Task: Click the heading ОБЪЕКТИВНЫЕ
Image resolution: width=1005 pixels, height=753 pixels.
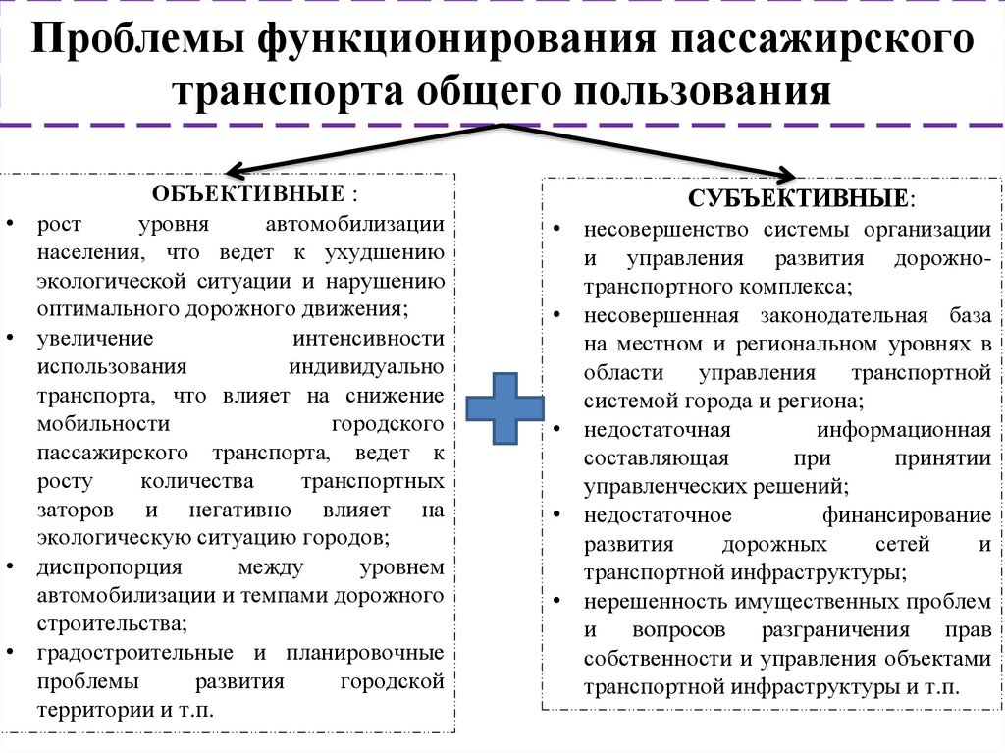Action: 248,193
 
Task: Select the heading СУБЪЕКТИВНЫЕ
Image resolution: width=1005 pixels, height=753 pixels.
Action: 798,198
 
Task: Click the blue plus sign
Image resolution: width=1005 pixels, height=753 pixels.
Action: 504,408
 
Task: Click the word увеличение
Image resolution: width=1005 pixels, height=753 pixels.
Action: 95,339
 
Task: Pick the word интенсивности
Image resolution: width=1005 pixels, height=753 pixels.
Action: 368,338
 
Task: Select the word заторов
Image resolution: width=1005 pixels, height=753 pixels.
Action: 75,511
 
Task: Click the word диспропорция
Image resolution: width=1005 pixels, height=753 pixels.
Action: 109,567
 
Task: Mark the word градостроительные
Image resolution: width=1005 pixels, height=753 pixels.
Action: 134,654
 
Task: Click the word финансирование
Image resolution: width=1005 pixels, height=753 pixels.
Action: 906,515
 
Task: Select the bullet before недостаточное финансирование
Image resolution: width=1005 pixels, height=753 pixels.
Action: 556,514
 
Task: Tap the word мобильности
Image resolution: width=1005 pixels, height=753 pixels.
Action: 103,424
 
